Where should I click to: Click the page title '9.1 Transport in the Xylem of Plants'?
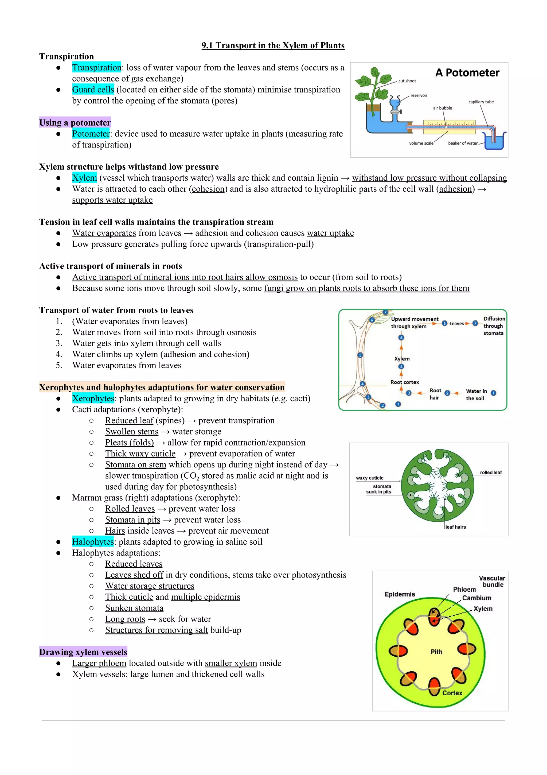point(273,46)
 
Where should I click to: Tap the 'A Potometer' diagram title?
point(467,73)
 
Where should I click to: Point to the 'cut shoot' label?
point(407,81)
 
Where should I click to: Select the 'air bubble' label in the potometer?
point(442,108)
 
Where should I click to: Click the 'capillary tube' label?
point(481,102)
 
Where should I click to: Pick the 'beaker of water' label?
point(463,143)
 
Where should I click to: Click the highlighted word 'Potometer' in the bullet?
point(91,134)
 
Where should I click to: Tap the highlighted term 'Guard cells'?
point(93,90)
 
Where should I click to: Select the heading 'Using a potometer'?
point(75,122)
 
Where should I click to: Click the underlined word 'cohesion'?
point(208,189)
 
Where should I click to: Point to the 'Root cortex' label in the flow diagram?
point(405,382)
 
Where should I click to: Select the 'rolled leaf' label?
point(491,472)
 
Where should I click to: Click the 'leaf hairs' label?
point(456,527)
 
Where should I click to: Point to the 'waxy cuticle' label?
point(369,478)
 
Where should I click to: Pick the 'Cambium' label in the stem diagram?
point(476,598)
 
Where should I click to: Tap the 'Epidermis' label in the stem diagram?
point(400,594)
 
